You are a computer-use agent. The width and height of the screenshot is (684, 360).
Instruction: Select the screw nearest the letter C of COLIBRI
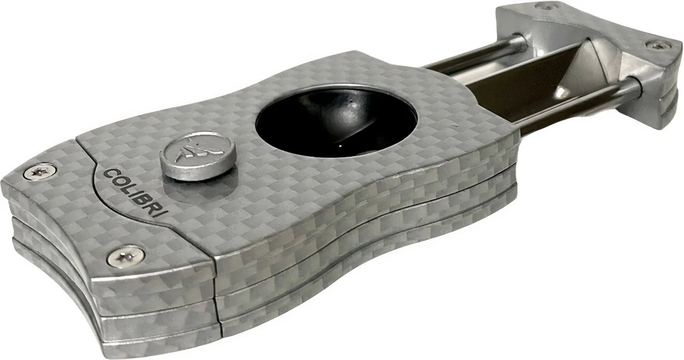[40, 172]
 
